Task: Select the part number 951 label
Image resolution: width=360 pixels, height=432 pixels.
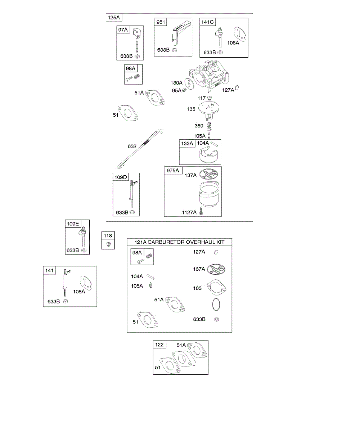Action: click(161, 22)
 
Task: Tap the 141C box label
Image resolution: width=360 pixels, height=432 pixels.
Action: click(208, 22)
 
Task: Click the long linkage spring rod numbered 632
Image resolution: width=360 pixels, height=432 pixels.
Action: click(140, 148)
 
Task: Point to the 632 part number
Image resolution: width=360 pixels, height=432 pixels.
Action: click(132, 147)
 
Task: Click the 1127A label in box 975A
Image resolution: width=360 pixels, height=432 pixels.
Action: click(189, 212)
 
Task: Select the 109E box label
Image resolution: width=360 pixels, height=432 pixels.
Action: click(72, 224)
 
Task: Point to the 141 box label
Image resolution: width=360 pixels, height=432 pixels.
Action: click(49, 270)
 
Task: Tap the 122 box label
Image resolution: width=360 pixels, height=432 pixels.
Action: click(159, 345)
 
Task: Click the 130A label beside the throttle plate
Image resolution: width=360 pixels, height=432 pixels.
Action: click(177, 82)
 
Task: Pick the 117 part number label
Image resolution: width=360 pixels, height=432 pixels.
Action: click(202, 98)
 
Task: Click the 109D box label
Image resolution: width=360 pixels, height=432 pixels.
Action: click(121, 177)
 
